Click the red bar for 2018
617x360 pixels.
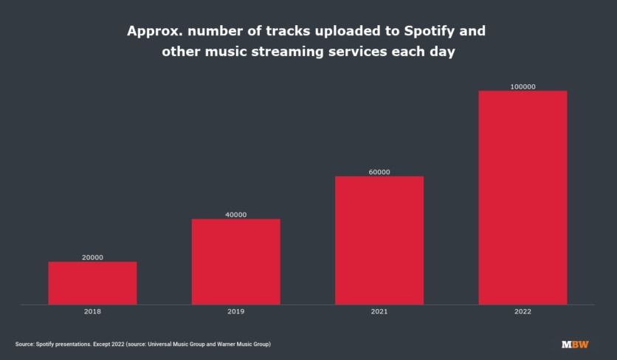(x=92, y=283)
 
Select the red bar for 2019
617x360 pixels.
(x=235, y=261)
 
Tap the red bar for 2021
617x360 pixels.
(x=379, y=240)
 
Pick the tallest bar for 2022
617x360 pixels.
(x=523, y=197)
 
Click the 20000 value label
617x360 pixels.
(x=92, y=257)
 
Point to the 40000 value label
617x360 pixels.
(x=235, y=215)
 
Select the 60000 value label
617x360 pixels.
(x=379, y=172)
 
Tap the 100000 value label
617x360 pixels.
(x=523, y=87)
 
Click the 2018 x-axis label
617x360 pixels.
(x=92, y=312)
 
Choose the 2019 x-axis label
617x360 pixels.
(x=235, y=312)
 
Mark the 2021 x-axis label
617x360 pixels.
(x=379, y=312)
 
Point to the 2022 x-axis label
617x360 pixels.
(x=523, y=312)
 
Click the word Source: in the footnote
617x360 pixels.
(x=26, y=345)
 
